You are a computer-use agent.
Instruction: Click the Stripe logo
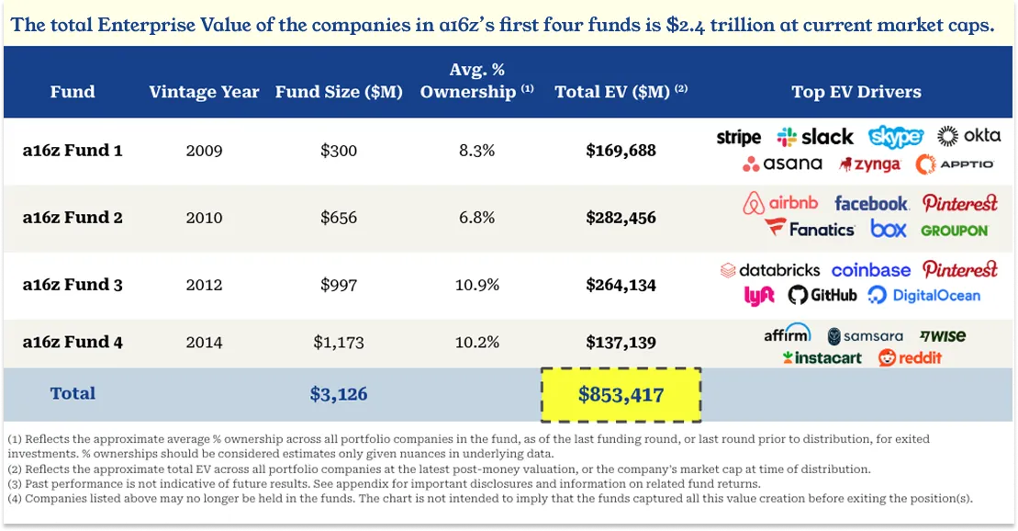tap(738, 138)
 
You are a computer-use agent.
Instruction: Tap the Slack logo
tap(814, 137)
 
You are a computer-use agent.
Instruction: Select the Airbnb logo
tap(779, 203)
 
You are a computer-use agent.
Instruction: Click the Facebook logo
tap(870, 203)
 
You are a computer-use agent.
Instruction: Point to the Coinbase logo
tap(870, 270)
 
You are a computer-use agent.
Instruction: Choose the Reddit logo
tap(910, 357)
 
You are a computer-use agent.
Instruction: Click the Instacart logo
tap(822, 357)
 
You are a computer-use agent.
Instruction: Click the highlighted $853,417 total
tap(621, 394)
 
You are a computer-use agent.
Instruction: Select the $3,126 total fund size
tap(339, 394)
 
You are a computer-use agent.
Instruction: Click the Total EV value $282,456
tap(621, 218)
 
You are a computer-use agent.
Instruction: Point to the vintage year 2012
tap(204, 285)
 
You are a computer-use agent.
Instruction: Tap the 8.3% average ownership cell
tap(476, 151)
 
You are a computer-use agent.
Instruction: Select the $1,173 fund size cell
tap(339, 343)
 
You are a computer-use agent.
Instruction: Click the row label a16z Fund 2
tap(73, 218)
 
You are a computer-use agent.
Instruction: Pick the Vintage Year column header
tap(204, 92)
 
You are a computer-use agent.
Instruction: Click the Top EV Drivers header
tap(856, 92)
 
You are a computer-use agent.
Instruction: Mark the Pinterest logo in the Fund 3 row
tap(959, 270)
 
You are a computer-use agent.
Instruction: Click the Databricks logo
tap(769, 270)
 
